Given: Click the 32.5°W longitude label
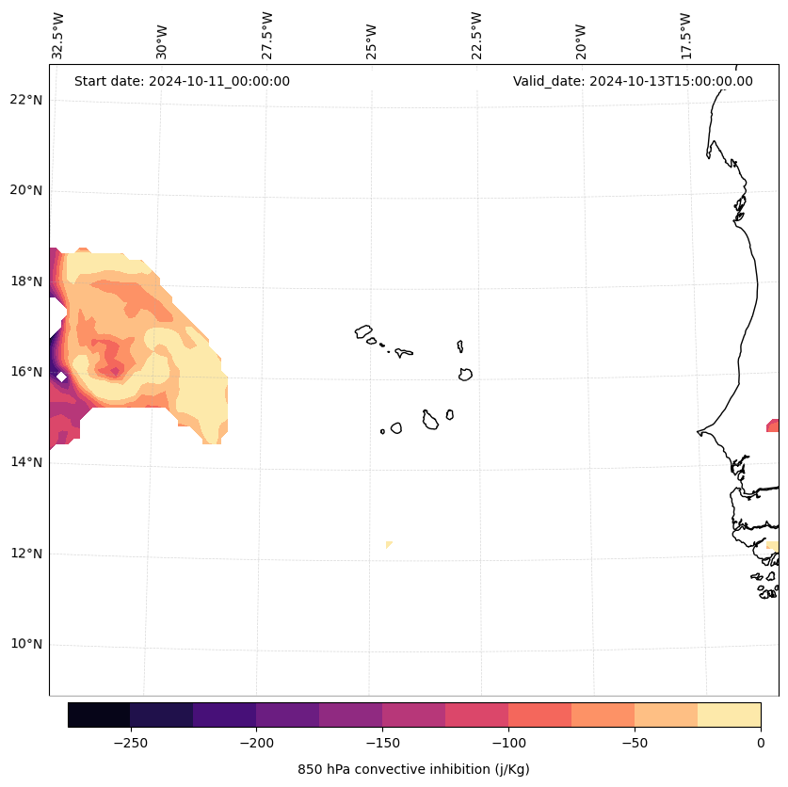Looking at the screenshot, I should pos(58,36).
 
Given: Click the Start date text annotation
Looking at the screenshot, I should pos(182,81).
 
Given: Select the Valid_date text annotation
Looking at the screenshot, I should pos(633,81).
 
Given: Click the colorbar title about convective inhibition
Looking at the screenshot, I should pos(413,769).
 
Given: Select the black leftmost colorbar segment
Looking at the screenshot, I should pos(99,715).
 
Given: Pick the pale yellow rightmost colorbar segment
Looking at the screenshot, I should pos(729,715).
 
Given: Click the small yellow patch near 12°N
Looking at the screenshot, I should pos(389,544).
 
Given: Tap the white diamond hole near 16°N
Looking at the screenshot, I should pos(61,377).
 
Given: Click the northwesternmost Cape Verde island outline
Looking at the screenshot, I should pos(363,331).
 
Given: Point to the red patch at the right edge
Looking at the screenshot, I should pos(774,426).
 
